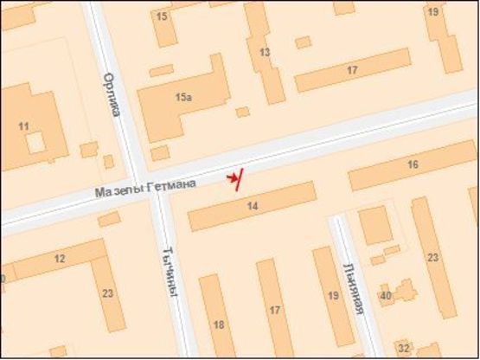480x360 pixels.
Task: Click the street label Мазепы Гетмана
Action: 146,187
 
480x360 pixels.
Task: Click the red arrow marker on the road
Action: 234,178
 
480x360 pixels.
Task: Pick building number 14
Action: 253,206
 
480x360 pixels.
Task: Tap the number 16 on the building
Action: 413,164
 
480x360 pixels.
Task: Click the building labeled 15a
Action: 182,98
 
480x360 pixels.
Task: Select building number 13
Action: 265,53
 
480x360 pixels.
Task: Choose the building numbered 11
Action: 23,127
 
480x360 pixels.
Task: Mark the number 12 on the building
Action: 59,259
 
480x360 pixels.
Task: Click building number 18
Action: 218,325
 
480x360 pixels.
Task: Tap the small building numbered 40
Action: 386,296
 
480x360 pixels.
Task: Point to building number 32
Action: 405,348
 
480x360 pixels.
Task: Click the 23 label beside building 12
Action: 107,293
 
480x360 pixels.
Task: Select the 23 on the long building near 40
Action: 433,257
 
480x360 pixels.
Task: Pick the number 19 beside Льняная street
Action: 333,296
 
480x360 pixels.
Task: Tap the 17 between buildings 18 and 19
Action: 275,310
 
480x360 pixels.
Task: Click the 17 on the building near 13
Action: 352,69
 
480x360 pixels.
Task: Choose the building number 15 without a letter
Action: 162,16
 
